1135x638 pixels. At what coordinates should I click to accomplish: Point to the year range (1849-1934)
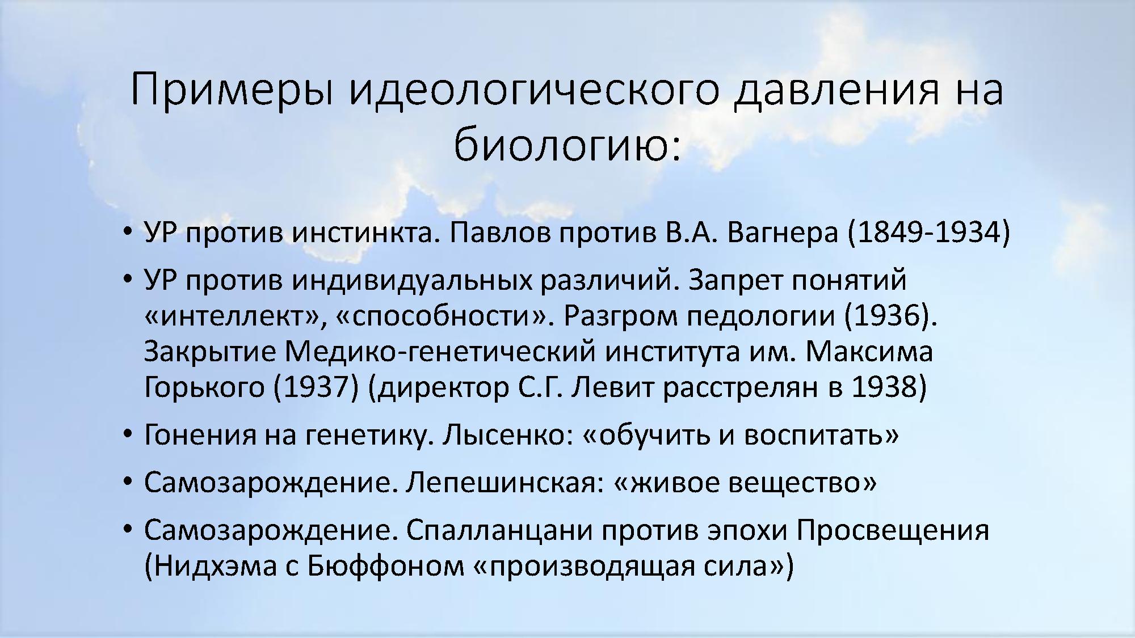pos(929,233)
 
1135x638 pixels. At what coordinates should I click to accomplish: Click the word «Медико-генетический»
pos(440,352)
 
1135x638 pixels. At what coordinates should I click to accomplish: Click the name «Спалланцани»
pos(500,531)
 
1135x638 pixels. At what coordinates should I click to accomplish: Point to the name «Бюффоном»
pos(386,566)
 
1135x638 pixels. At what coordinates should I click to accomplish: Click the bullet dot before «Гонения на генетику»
pos(128,435)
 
